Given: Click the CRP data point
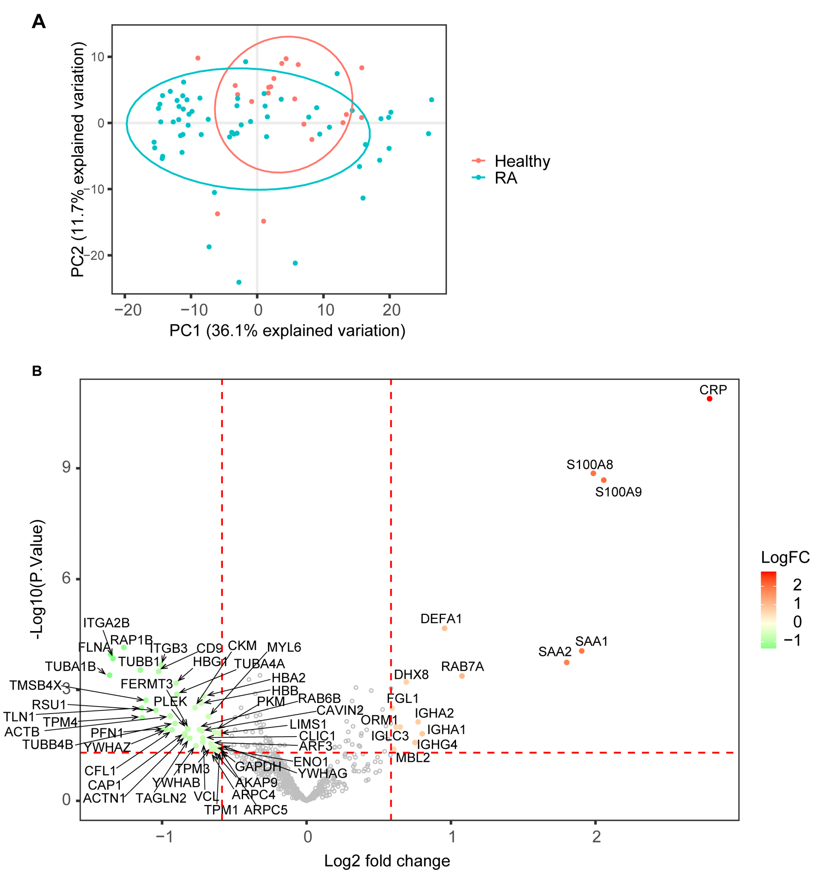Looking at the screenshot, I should tap(709, 398).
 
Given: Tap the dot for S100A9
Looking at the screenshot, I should tap(604, 480).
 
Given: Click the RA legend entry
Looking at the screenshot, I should tap(506, 178).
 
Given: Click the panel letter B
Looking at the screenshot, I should tap(37, 371).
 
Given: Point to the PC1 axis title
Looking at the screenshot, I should tap(287, 330).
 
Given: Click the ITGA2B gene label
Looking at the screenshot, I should tap(106, 623).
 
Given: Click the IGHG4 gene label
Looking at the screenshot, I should tap(437, 744).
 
